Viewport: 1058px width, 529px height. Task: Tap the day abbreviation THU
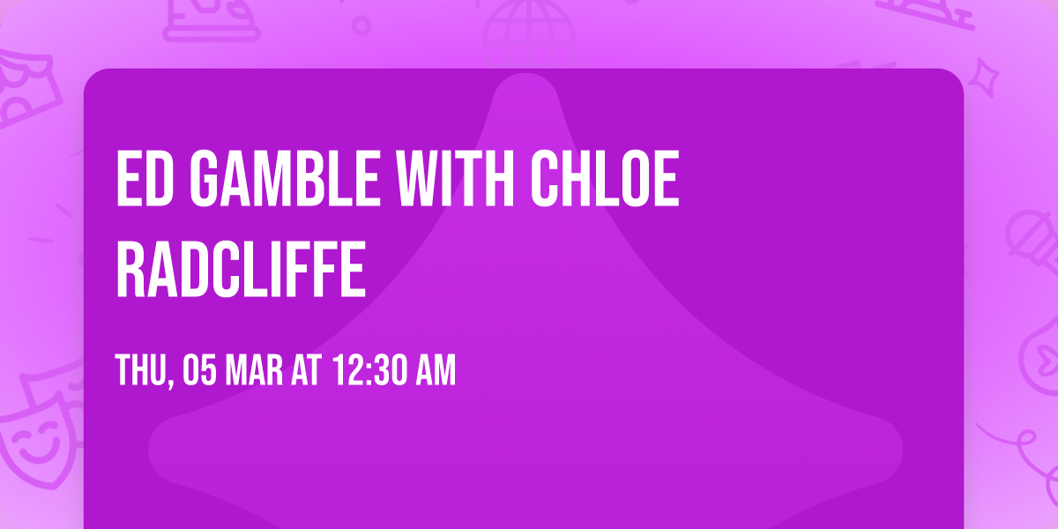tap(142, 371)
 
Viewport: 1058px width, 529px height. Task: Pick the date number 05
tap(199, 371)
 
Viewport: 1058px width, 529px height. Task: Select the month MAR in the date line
tap(257, 371)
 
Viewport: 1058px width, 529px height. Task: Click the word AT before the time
tap(309, 371)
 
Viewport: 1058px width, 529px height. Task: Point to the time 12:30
tap(370, 371)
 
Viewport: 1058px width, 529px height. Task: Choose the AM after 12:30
tap(436, 371)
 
